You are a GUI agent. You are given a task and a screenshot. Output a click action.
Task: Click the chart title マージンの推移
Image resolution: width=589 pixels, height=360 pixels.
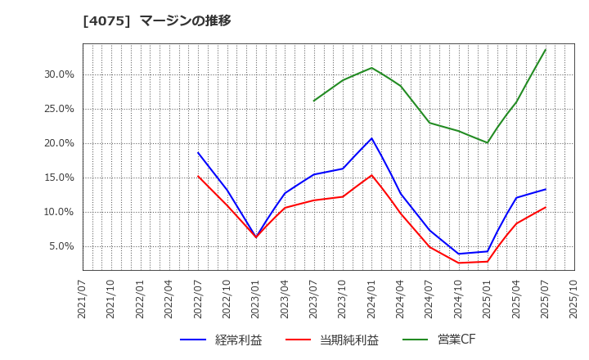tap(185, 20)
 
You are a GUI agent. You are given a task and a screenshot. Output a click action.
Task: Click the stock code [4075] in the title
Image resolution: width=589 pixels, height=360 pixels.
tap(106, 20)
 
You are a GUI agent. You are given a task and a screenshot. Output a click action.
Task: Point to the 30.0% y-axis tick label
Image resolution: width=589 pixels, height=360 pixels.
tap(59, 74)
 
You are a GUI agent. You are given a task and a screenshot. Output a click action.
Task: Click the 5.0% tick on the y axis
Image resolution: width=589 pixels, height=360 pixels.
tap(61, 246)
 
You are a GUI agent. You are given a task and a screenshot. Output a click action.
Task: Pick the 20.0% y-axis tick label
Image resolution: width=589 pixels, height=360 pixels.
tap(59, 143)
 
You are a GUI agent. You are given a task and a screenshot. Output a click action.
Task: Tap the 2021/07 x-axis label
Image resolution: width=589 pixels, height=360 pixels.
tap(83, 299)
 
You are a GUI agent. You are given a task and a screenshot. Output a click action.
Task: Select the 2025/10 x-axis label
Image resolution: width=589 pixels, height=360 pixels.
tap(574, 299)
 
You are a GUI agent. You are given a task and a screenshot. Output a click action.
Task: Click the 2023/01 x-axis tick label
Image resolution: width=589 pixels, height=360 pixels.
tap(256, 299)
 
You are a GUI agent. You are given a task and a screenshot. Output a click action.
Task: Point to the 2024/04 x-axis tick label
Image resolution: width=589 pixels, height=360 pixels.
tap(401, 299)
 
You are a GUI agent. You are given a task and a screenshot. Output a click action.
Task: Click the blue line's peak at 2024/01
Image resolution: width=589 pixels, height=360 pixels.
tap(371, 138)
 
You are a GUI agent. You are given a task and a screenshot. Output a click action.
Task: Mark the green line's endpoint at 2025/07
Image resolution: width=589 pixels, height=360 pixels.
tap(546, 49)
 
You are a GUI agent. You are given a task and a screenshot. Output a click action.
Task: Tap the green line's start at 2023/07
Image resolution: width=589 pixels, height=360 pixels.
tap(313, 101)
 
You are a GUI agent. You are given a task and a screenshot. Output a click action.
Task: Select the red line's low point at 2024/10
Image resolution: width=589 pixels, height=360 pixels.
tap(458, 263)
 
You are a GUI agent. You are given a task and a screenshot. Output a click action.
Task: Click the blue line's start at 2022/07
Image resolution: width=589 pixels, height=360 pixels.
tap(198, 152)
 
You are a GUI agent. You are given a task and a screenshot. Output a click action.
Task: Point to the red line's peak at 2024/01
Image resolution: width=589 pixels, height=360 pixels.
tap(371, 175)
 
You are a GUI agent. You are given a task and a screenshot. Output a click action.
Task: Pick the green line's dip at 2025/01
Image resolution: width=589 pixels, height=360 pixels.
tap(488, 143)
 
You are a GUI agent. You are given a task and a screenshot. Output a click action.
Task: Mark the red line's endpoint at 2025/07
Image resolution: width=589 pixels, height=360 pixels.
tap(546, 207)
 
